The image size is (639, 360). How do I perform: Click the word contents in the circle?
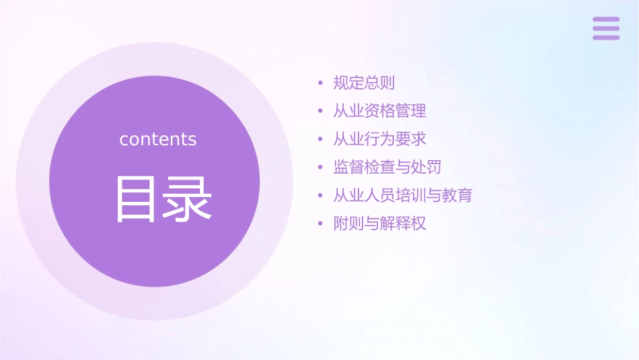point(158,139)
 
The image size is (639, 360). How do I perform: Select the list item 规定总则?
point(364,83)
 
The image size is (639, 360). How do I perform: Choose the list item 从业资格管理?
point(379,111)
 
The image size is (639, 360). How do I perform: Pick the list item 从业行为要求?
point(379,139)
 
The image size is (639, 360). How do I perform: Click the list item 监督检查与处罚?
point(387,167)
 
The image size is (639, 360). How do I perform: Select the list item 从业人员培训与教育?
point(402,195)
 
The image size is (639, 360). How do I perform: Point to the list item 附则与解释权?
point(379,223)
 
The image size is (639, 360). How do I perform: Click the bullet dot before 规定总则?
point(321,83)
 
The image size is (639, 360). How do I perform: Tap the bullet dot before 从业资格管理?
point(321,112)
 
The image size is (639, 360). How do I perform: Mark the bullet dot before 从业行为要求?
point(321,140)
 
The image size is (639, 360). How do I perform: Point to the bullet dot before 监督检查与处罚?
point(321,168)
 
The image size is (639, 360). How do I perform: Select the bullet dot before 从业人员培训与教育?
point(321,196)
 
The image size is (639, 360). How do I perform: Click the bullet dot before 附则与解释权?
point(321,224)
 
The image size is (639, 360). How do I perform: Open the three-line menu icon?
point(606,28)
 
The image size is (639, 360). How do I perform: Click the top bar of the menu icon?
point(606,20)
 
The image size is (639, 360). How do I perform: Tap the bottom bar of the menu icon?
point(606,37)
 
